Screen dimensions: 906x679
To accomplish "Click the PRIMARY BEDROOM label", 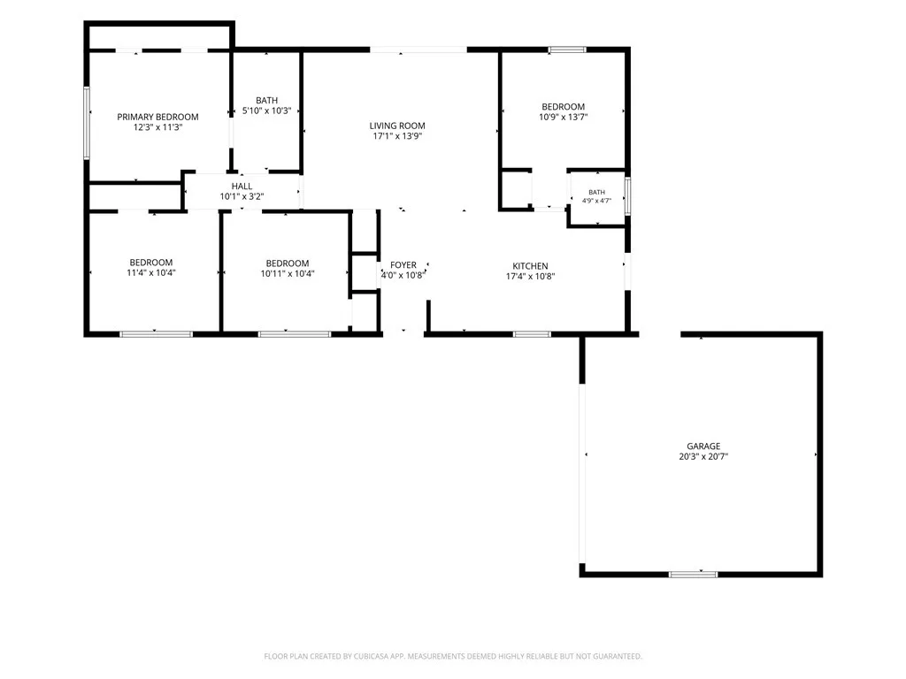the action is (157, 117).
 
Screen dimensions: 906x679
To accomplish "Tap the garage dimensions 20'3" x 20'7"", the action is (703, 456).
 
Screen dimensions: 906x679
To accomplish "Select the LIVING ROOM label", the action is (397, 126).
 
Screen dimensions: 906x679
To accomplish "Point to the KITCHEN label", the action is (531, 265).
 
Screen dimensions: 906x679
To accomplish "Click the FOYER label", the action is (403, 264).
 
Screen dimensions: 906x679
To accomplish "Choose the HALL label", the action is (242, 186).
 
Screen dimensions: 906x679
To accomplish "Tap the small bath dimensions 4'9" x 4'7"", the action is (597, 201).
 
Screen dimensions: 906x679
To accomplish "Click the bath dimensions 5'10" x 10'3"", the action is (266, 111).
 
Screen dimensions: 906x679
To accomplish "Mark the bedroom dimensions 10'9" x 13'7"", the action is (564, 117).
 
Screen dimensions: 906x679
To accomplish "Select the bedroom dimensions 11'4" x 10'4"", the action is (150, 272).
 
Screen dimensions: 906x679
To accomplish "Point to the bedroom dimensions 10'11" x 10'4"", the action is (288, 273).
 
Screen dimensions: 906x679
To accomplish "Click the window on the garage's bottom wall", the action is (694, 574).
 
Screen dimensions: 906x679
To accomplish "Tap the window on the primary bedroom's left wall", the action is (87, 122).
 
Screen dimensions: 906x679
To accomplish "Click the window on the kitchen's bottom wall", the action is (532, 333).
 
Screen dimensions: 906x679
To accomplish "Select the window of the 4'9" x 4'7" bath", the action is (627, 196).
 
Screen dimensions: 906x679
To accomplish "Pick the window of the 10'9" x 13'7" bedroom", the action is (567, 50).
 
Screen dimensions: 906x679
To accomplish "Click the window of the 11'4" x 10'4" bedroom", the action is (156, 333).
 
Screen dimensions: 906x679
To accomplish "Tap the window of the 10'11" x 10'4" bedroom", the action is (295, 333).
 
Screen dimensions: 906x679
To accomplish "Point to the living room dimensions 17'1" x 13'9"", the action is (397, 136).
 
